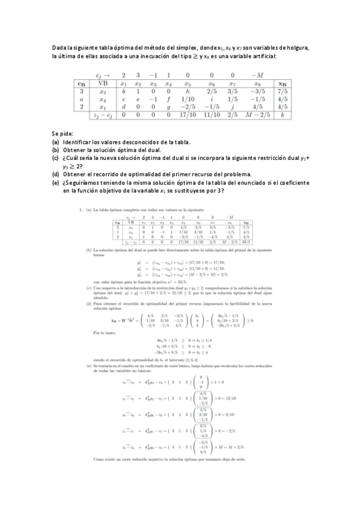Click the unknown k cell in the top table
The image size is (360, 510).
click(x=283, y=112)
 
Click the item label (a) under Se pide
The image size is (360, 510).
click(x=55, y=142)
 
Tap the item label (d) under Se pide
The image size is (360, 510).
click(x=56, y=174)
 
